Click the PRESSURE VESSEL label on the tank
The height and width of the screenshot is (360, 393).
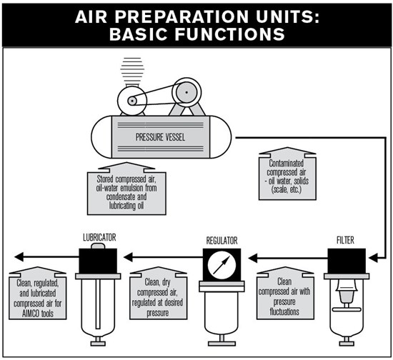click(160, 137)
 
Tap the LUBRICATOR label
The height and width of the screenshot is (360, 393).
click(99, 237)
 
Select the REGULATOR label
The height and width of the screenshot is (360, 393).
click(222, 241)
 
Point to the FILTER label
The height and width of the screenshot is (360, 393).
click(345, 240)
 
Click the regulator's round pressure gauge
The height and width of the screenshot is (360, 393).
click(222, 265)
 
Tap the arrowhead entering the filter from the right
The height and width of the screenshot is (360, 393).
click(374, 258)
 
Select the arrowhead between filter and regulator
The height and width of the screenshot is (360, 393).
click(253, 258)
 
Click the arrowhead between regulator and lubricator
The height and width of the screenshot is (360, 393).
click(128, 257)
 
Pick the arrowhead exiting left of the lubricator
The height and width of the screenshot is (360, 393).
click(19, 256)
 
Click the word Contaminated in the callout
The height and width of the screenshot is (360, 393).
click(287, 164)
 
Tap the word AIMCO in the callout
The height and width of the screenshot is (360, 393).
click(31, 314)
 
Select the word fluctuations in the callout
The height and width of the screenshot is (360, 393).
click(284, 311)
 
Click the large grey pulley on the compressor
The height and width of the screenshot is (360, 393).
click(186, 92)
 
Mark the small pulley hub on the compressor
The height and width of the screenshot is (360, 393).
click(132, 101)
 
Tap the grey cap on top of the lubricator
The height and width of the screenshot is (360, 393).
click(98, 246)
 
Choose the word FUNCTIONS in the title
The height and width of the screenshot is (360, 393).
click(230, 34)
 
